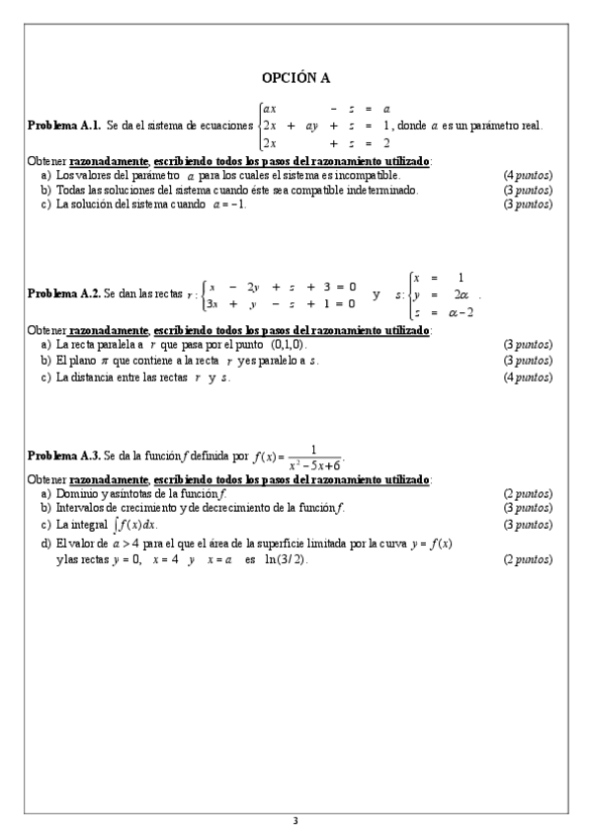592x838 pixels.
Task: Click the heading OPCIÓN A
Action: (296, 77)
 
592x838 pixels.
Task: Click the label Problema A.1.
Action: (64, 126)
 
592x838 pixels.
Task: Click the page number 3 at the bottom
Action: (296, 820)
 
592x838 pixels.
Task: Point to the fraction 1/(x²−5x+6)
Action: (313, 455)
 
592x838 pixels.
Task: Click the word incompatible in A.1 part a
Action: (365, 175)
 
